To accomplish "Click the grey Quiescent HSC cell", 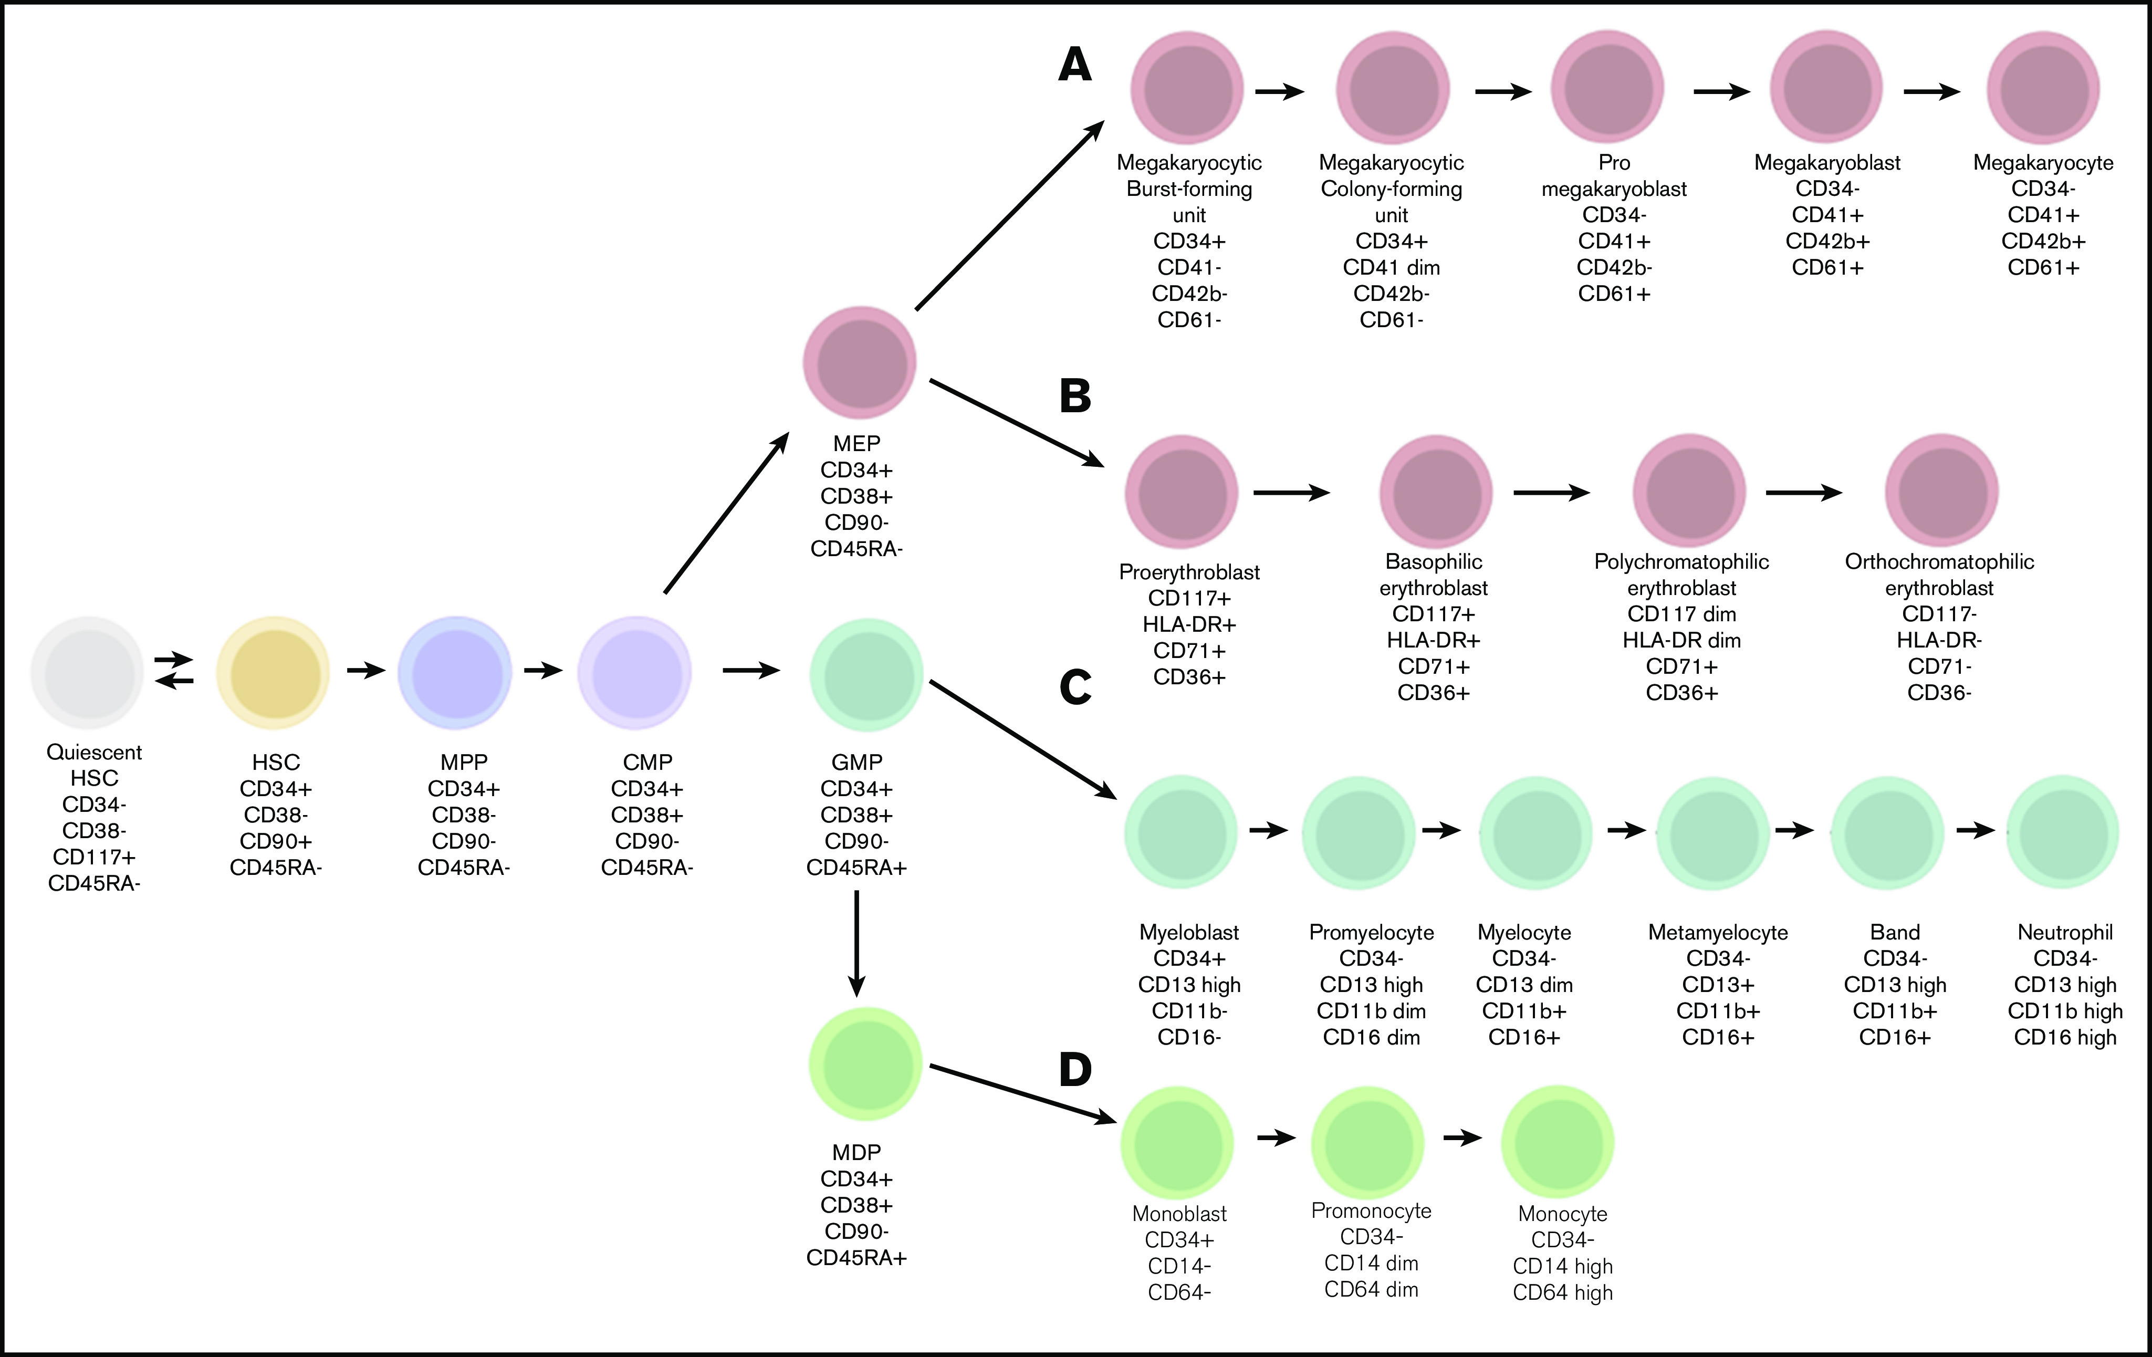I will (88, 672).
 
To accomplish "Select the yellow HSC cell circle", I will (274, 672).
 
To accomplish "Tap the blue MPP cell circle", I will (455, 672).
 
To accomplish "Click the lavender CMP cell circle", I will (634, 672).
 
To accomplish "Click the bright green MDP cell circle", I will (865, 1064).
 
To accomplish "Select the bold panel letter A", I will (1075, 65).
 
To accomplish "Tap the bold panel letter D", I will (1075, 1069).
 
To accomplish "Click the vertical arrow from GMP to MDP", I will (856, 943).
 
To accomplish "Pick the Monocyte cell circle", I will (1558, 1142).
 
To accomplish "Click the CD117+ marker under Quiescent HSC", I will (94, 857).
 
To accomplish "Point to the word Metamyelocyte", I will (1718, 932).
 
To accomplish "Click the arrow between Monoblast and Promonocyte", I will (1276, 1138).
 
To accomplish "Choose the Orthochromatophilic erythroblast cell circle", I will (1941, 491).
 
